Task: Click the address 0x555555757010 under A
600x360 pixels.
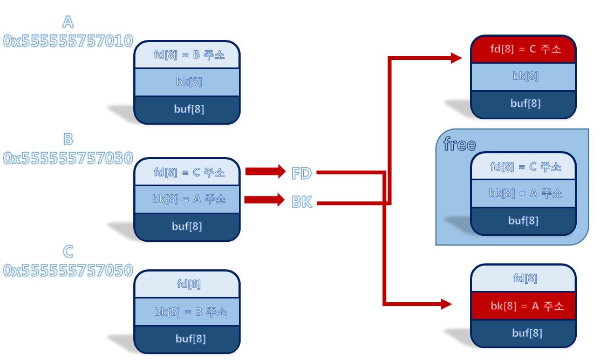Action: (x=68, y=41)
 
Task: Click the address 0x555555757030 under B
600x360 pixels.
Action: (x=68, y=158)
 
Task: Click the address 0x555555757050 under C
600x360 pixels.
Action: (x=68, y=270)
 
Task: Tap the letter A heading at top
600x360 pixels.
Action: (x=68, y=22)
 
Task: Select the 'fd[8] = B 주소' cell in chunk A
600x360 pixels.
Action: (x=187, y=55)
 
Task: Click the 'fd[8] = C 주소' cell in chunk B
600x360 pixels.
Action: (x=187, y=172)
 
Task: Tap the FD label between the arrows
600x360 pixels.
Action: (x=302, y=173)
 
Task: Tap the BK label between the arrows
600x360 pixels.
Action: (x=302, y=202)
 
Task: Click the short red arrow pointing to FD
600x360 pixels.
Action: (x=265, y=172)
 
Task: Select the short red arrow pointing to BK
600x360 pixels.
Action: (x=264, y=200)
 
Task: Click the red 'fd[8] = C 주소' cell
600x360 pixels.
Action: (x=524, y=49)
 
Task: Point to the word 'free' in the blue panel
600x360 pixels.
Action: (x=459, y=145)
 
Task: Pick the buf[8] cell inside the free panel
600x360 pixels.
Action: (x=524, y=221)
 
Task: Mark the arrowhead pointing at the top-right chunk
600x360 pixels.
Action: (x=456, y=58)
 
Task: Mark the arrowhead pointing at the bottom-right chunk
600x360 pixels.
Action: (x=446, y=304)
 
